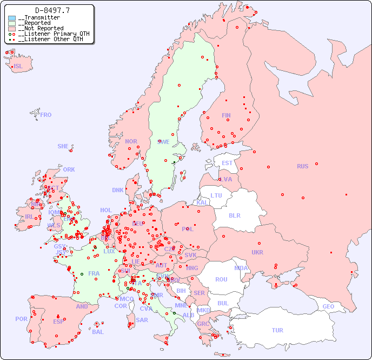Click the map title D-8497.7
pyautogui.click(x=52, y=10)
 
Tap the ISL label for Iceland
pyautogui.click(x=18, y=67)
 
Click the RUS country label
pyautogui.click(x=302, y=166)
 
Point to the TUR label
pyautogui.click(x=277, y=330)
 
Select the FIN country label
pyautogui.click(x=226, y=115)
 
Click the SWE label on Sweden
pyautogui.click(x=163, y=142)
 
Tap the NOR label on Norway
pyautogui.click(x=131, y=141)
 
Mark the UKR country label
pyautogui.click(x=257, y=252)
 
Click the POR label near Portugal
pyautogui.click(x=21, y=319)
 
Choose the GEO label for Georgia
pyautogui.click(x=328, y=306)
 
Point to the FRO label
pyautogui.click(x=45, y=115)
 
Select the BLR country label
pyautogui.click(x=235, y=215)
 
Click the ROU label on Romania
pyautogui.click(x=221, y=279)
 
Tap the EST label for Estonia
pyautogui.click(x=227, y=163)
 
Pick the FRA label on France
pyautogui.click(x=94, y=273)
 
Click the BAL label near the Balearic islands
pyautogui.click(x=97, y=332)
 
